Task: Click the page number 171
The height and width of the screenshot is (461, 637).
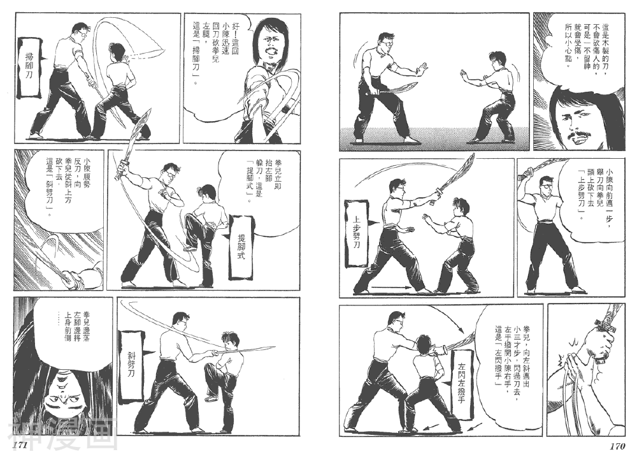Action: click(x=20, y=446)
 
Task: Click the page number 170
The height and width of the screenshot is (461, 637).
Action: click(x=617, y=446)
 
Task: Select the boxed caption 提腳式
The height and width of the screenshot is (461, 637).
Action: click(x=241, y=247)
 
